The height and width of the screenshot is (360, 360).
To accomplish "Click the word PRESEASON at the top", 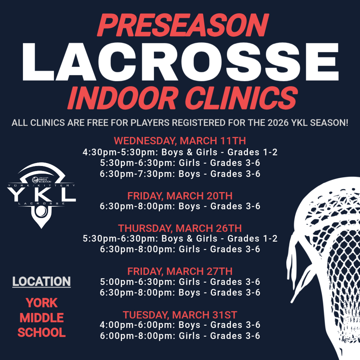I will click(183, 26).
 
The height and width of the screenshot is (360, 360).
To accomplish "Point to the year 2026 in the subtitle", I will click(277, 123).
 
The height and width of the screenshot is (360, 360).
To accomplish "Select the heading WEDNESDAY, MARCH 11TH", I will click(180, 141).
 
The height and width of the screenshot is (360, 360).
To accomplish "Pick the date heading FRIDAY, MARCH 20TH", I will click(180, 196).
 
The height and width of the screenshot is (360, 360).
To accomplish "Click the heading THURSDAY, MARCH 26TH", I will click(180, 228).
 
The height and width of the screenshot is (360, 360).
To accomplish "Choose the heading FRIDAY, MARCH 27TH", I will click(180, 271).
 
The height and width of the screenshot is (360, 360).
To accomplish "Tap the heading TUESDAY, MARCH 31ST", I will click(180, 315).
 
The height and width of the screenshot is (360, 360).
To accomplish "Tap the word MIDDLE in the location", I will click(42, 318).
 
